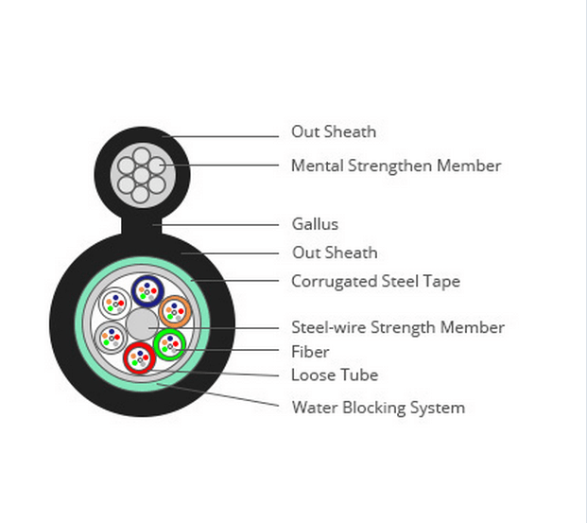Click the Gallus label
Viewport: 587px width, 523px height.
(x=315, y=224)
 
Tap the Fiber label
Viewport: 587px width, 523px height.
(x=310, y=352)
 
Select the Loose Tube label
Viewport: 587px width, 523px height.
(x=335, y=375)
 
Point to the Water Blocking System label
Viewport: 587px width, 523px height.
(x=378, y=408)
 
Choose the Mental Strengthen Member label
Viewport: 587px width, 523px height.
(x=396, y=166)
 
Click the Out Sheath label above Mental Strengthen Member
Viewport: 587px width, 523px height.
(x=334, y=131)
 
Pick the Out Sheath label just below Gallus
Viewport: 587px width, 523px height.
(x=335, y=253)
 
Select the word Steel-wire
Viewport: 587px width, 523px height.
(x=329, y=327)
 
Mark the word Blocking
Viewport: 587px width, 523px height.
(x=374, y=409)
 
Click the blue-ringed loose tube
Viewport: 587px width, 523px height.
(x=147, y=291)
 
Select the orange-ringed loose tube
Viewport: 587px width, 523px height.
(x=175, y=311)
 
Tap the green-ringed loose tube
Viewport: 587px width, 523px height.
(x=169, y=344)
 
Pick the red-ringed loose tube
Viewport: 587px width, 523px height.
(x=140, y=358)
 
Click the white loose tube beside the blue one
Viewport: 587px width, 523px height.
(x=115, y=304)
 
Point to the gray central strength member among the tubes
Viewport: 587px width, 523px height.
(x=142, y=324)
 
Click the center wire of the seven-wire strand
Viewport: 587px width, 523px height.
(x=141, y=175)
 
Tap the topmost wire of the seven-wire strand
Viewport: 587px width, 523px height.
(x=142, y=156)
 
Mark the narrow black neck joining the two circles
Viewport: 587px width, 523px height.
(x=142, y=225)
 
